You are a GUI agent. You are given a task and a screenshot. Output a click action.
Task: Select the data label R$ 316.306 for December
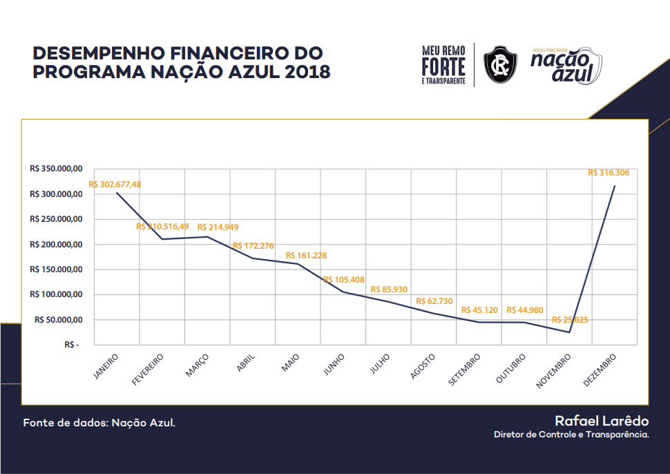tap(609, 173)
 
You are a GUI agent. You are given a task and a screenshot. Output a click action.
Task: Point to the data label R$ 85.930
tap(390, 290)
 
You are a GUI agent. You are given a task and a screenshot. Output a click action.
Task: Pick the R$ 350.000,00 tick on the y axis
tap(57, 169)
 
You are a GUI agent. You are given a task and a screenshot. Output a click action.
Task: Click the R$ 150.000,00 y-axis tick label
tap(57, 269)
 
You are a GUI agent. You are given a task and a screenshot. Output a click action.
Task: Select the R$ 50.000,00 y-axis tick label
tap(59, 320)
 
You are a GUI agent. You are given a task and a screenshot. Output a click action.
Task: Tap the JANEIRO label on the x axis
tap(106, 366)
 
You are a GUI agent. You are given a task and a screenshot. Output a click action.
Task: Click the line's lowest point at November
tap(570, 332)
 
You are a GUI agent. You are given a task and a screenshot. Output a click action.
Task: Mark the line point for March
tap(207, 237)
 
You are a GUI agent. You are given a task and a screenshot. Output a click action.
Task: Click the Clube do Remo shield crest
tap(500, 64)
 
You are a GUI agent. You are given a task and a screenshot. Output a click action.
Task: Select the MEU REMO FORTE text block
tap(443, 65)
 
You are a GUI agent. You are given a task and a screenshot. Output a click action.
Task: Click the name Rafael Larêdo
tap(601, 421)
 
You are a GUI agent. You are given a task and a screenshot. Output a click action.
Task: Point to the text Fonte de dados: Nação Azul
tap(99, 422)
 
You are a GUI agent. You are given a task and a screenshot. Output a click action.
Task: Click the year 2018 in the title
tap(301, 72)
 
